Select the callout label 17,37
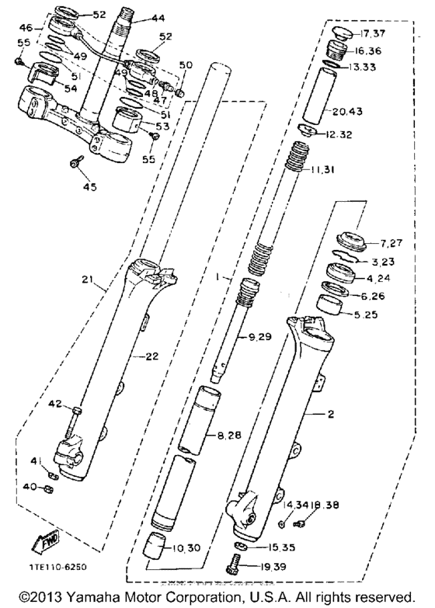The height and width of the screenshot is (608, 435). pos(373,33)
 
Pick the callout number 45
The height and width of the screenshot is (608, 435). pos(89,186)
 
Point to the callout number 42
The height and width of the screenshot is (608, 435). pos(54,403)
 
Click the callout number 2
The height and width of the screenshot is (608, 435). pos(330,415)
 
